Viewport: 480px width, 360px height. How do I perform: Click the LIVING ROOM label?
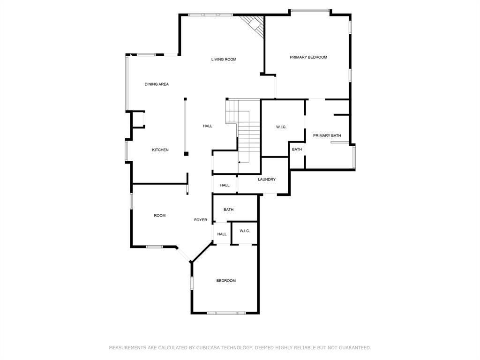point(224,60)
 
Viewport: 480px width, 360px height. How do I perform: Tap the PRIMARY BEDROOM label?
point(308,57)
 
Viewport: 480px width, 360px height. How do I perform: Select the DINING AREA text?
point(157,84)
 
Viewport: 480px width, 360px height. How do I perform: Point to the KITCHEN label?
point(160,150)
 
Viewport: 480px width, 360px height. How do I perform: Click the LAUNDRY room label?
point(266,180)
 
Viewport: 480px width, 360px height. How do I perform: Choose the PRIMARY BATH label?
point(327,136)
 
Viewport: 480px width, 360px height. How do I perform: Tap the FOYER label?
point(201,220)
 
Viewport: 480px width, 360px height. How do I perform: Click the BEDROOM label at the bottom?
point(225,281)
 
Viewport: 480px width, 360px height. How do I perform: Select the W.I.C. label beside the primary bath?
point(281,127)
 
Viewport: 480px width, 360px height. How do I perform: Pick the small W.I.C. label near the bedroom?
point(245,231)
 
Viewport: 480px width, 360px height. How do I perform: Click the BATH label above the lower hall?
point(228,210)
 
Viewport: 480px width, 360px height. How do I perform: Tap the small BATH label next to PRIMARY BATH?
point(297,150)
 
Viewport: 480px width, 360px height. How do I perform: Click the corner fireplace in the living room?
point(255,24)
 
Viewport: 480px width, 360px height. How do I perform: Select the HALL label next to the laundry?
point(225,186)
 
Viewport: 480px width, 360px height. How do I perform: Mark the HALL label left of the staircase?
point(207,126)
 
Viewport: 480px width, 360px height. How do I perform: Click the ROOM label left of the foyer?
point(159,216)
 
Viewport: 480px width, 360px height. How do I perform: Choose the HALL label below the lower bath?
point(222,234)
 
